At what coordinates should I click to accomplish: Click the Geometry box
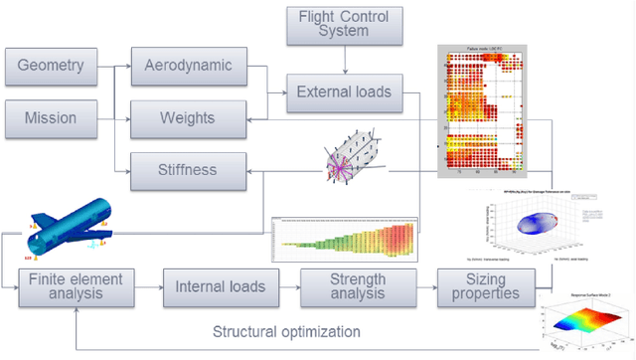pos(56,68)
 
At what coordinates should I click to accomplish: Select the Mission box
pos(56,119)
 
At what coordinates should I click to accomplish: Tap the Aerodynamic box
pos(188,68)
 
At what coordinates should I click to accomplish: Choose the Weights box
pos(188,119)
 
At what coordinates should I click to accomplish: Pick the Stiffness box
pos(188,170)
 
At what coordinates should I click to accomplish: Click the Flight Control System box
pos(344,25)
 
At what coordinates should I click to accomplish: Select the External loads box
pos(344,94)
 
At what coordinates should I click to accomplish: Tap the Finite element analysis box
pos(76,286)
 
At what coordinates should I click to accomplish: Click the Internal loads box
pos(222,286)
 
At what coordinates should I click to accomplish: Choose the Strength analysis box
pos(357,286)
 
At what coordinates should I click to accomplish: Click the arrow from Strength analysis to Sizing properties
pos(425,286)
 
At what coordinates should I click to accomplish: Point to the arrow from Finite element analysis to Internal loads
pos(149,286)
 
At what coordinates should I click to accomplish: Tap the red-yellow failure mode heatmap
pos(485,109)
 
